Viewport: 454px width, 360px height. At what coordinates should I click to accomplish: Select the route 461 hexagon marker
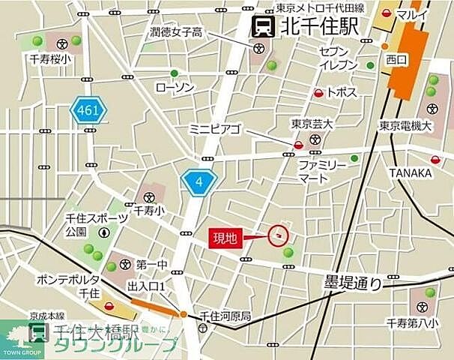tap(89, 111)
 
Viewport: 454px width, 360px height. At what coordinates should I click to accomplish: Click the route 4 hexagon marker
tap(199, 182)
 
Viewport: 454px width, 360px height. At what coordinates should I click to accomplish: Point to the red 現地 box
tap(226, 238)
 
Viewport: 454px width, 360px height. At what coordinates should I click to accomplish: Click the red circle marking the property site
tap(279, 235)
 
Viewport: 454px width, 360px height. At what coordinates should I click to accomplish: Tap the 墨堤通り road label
tap(353, 283)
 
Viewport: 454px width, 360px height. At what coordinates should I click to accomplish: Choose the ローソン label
tap(174, 88)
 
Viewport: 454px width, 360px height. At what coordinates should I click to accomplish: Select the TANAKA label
tap(410, 173)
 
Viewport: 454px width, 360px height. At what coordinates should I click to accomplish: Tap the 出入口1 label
tap(146, 286)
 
